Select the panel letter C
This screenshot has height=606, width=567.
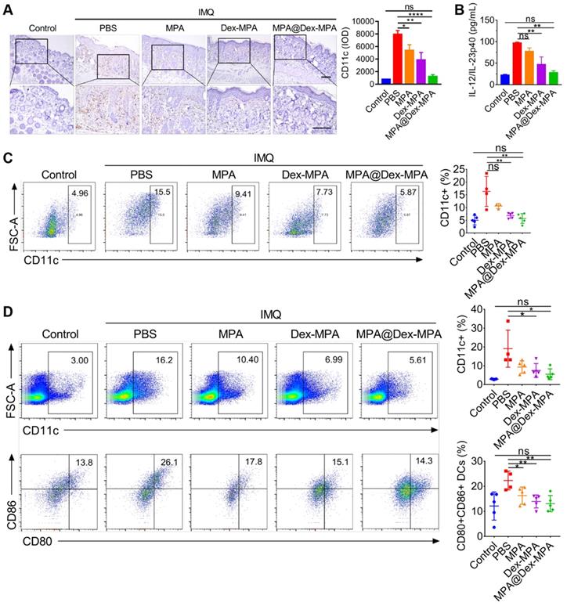[x=7, y=158]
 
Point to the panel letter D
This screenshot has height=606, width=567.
[x=7, y=312]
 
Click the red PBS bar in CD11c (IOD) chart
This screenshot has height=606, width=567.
[x=397, y=58]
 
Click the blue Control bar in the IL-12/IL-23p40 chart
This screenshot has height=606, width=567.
[x=483, y=80]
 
